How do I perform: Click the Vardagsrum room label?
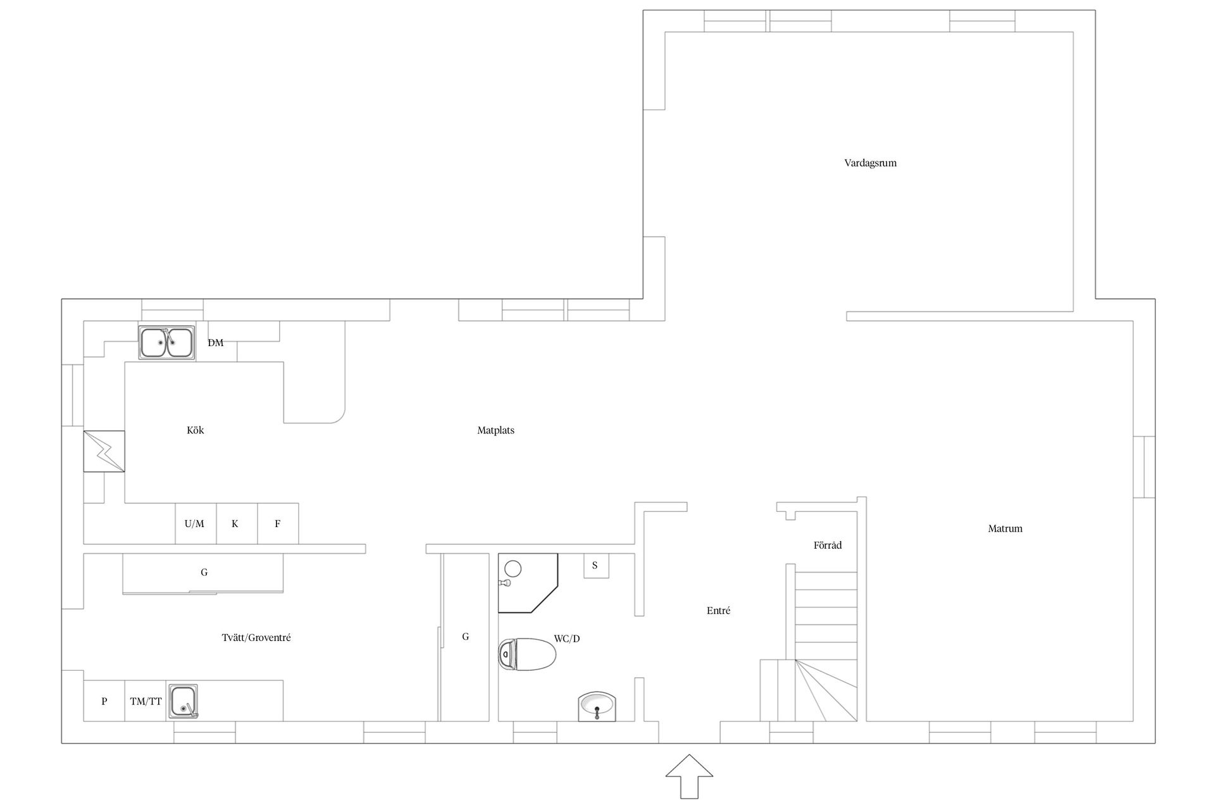tap(870, 163)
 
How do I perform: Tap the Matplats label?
tap(495, 430)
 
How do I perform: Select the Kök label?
tap(196, 430)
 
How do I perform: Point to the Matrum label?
tap(1005, 528)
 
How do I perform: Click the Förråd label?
tap(828, 545)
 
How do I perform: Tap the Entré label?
tap(718, 611)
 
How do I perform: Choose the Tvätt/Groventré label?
tap(256, 638)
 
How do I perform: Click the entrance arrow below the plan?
tap(689, 776)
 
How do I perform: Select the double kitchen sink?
tap(167, 342)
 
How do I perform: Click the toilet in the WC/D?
tap(526, 654)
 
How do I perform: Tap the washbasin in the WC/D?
tap(597, 706)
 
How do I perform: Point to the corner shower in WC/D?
tap(528, 583)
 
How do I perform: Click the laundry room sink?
tap(183, 701)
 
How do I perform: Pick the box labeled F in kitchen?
tap(278, 523)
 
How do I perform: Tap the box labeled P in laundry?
tap(104, 701)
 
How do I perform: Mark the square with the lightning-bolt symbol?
tap(104, 451)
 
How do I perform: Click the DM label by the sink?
tap(215, 342)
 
